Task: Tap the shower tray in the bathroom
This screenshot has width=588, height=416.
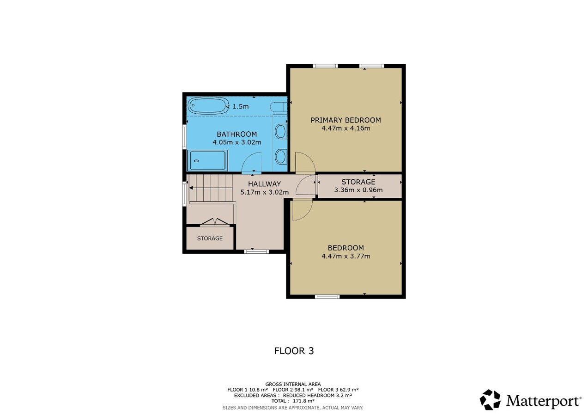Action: (207, 160)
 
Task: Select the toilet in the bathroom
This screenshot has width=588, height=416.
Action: (279, 107)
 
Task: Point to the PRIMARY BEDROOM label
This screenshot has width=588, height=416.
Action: (346, 120)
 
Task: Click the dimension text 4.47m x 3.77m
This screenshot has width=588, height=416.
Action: (346, 256)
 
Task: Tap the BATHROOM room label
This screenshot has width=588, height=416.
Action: (237, 134)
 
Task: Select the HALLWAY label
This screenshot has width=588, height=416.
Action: (264, 184)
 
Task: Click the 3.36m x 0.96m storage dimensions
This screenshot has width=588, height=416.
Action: (358, 190)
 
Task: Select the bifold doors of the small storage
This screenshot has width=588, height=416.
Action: (215, 222)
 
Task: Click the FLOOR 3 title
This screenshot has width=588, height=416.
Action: (294, 351)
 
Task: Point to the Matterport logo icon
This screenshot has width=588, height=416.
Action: (490, 400)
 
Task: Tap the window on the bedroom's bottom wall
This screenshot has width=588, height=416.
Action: (327, 297)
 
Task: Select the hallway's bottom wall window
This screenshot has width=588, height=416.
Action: (256, 251)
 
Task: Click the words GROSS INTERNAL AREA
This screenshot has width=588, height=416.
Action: (293, 384)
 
